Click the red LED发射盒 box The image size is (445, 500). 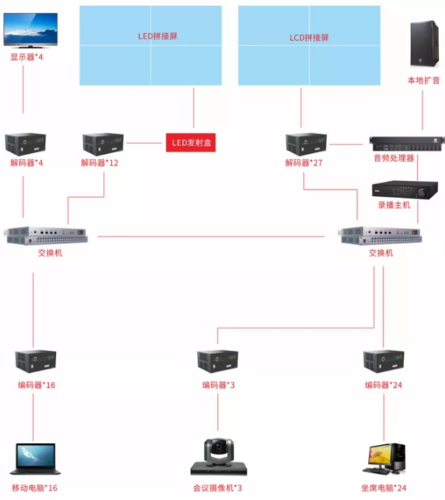pyautogui.click(x=190, y=143)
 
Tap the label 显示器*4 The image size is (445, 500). pyautogui.click(x=26, y=57)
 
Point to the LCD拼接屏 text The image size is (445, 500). pyautogui.click(x=309, y=37)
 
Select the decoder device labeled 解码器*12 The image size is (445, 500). pyautogui.click(x=103, y=144)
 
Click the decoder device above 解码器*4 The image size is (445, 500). pyautogui.click(x=26, y=143)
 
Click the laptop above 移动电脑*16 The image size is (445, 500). pyautogui.click(x=35, y=459)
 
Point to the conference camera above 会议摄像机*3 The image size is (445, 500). pyautogui.click(x=218, y=457)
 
